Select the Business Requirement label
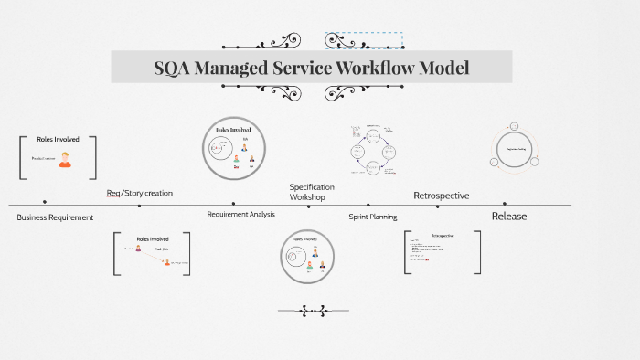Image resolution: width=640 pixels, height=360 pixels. click(55, 217)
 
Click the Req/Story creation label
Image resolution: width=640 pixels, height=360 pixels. click(139, 193)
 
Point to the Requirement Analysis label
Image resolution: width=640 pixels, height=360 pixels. click(240, 214)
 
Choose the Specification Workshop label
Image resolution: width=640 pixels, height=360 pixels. click(312, 192)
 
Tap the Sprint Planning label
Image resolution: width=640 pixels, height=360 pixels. click(372, 217)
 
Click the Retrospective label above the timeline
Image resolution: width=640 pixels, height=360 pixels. click(442, 196)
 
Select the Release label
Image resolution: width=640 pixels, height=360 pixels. click(509, 217)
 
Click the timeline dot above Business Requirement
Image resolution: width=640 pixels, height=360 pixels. click(44, 201)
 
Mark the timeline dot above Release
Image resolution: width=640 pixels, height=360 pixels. click(505, 204)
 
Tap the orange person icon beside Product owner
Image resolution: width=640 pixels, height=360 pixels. click(65, 159)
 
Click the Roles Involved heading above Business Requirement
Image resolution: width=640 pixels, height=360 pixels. click(58, 140)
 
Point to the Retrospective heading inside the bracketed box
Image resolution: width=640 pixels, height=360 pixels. click(443, 235)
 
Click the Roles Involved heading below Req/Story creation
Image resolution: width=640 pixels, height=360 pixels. click(153, 238)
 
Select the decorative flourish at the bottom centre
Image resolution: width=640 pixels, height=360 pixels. click(313, 311)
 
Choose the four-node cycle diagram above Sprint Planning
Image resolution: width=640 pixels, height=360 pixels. click(373, 151)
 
